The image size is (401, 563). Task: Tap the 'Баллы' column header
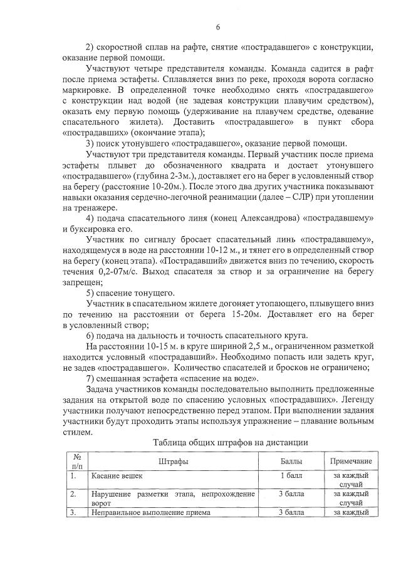tap(291, 461)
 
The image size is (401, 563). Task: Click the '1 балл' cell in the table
tap(291, 476)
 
